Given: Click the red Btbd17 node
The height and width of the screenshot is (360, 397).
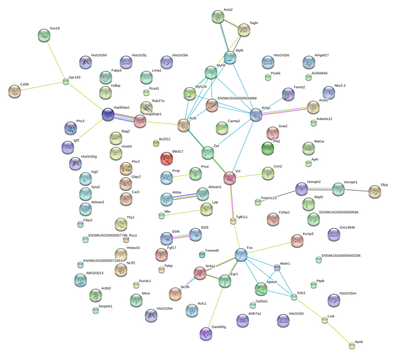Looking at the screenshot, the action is pyautogui.click(x=167, y=158).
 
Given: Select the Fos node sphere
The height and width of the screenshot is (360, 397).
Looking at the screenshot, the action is pyautogui.click(x=241, y=255).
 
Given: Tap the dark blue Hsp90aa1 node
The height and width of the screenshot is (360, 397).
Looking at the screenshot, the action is pyautogui.click(x=108, y=114).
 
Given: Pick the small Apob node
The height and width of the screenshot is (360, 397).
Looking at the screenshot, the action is pyautogui.click(x=352, y=346).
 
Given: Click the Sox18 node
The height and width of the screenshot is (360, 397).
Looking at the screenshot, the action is pyautogui.click(x=44, y=35).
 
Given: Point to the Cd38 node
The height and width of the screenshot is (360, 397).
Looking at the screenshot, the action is pyautogui.click(x=15, y=91).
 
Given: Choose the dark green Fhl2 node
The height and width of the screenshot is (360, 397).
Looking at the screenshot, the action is pyautogui.click(x=268, y=148).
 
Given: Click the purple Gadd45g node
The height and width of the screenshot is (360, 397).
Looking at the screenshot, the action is pyautogui.click(x=206, y=334).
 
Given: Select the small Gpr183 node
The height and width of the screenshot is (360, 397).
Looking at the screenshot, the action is pyautogui.click(x=66, y=81).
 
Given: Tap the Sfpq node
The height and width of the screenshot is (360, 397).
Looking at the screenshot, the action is pyautogui.click(x=375, y=192).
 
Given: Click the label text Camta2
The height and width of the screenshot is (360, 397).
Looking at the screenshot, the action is pyautogui.click(x=234, y=121).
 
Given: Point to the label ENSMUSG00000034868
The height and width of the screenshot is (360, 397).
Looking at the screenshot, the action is pyautogui.click(x=237, y=98).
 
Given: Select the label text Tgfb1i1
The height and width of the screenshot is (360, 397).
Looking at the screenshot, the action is pyautogui.click(x=242, y=217).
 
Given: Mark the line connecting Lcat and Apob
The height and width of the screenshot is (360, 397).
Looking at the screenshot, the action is pyautogui.click(x=338, y=333).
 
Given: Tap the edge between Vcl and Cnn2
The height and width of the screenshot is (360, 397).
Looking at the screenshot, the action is pyautogui.click(x=249, y=176).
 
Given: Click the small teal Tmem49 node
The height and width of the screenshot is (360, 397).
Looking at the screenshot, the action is pyautogui.click(x=202, y=255).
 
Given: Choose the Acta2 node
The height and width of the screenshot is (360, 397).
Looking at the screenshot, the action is pyautogui.click(x=218, y=16).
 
